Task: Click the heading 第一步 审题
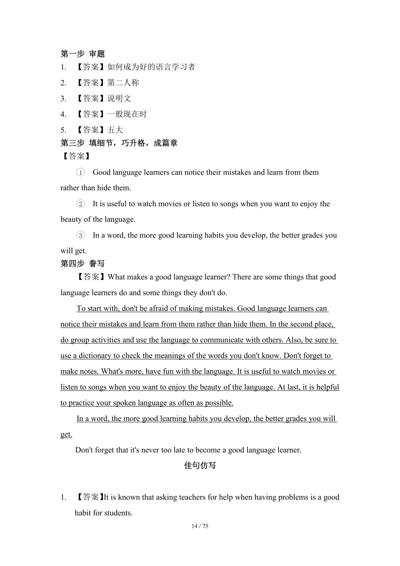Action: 83,54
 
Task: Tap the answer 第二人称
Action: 123,83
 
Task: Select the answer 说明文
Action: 119,99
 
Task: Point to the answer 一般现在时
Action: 127,114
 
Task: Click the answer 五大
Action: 115,130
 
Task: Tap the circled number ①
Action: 80,172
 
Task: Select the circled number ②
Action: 80,204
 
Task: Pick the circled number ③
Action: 80,235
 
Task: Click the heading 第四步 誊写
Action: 83,264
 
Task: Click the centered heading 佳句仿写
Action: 200,466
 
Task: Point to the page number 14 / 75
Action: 200,526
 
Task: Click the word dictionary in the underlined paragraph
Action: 95,356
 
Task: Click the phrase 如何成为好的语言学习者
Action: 151,67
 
